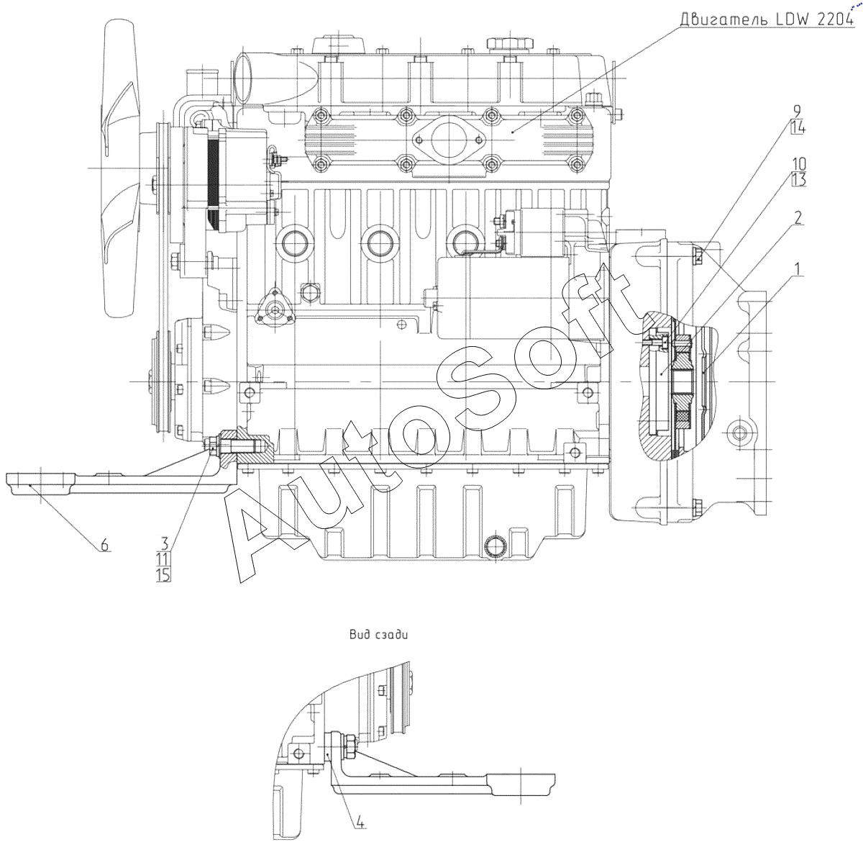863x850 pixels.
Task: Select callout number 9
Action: [x=797, y=111]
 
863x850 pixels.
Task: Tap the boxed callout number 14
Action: [x=797, y=128]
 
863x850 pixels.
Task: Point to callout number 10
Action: [x=798, y=163]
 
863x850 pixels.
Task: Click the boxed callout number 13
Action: [x=798, y=180]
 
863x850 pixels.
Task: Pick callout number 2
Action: [x=798, y=218]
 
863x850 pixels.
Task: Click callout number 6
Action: [x=104, y=545]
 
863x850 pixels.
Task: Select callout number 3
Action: [x=164, y=542]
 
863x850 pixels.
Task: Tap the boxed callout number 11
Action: [x=163, y=559]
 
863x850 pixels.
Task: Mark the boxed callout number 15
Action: [x=163, y=574]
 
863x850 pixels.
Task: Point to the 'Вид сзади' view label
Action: [x=378, y=635]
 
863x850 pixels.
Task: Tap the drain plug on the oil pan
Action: [x=497, y=548]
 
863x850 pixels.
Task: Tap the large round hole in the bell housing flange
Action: [x=741, y=433]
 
